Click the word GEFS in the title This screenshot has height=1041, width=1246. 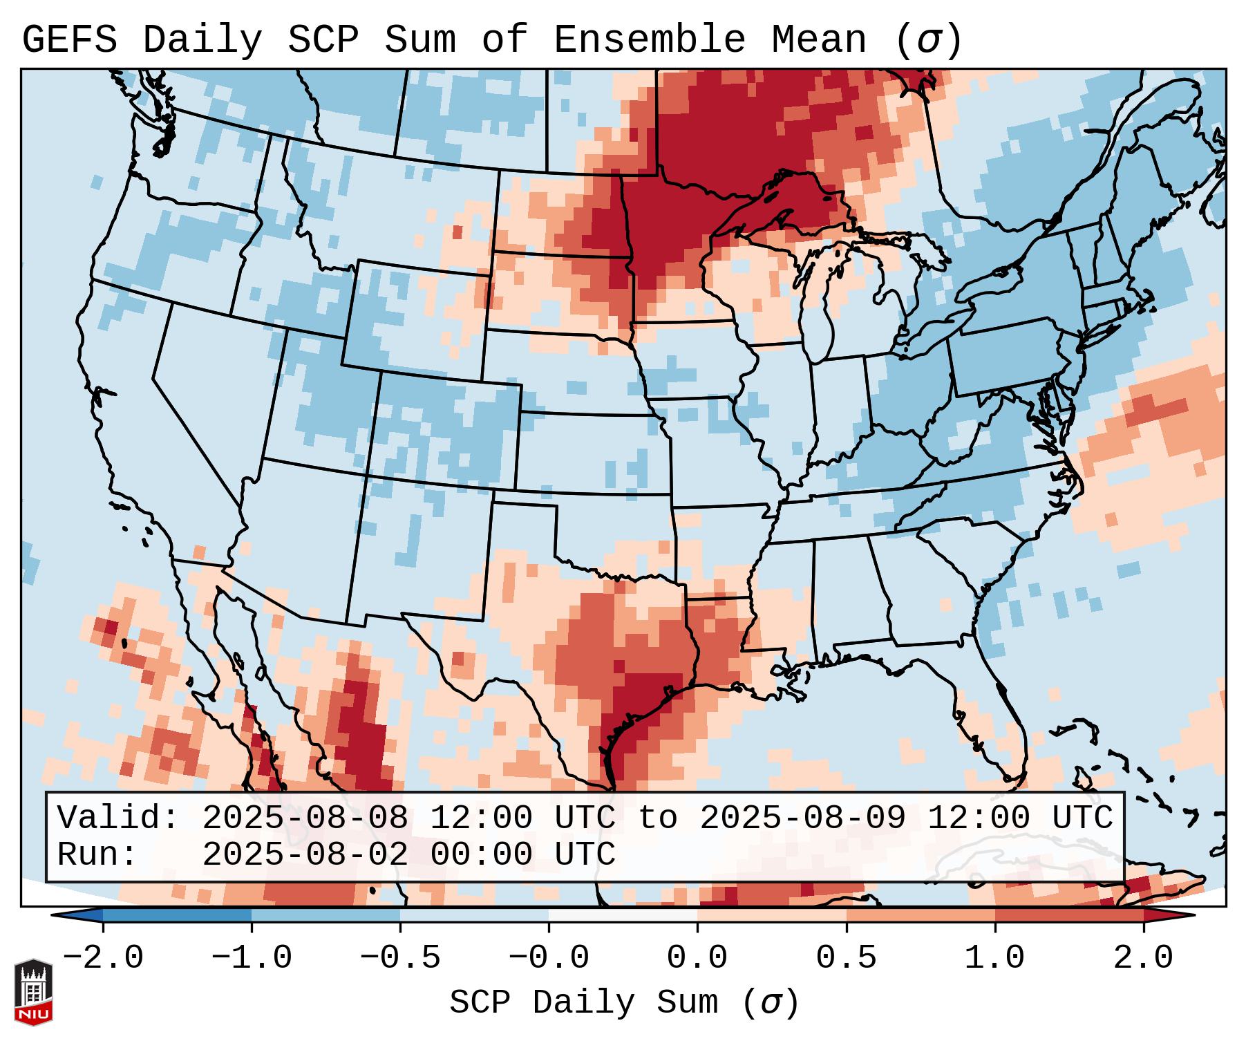(69, 40)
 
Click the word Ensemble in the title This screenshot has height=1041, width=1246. (650, 40)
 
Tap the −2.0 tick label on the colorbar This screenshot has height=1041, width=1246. (103, 958)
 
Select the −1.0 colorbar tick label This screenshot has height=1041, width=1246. (252, 958)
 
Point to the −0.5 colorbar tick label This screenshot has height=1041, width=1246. (400, 958)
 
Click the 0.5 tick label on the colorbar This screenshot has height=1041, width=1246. (846, 958)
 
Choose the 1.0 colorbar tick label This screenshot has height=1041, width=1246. (994, 958)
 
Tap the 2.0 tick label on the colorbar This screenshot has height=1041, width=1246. (1143, 958)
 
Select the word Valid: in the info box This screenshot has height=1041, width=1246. (118, 818)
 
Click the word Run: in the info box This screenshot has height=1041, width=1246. (97, 854)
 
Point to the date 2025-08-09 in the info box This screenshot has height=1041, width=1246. (802, 818)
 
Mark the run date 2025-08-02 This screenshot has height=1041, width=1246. (305, 854)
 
